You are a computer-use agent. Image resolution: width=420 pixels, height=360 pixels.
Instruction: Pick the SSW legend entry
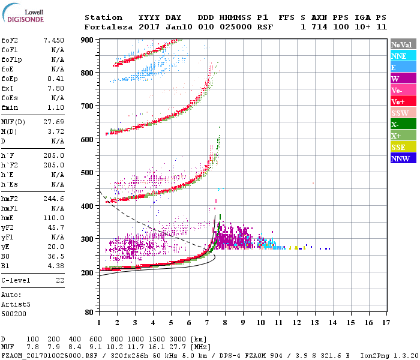point(400,113)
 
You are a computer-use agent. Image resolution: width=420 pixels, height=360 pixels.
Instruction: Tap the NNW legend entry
point(400,158)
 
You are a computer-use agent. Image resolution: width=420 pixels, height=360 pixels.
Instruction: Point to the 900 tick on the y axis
point(88,40)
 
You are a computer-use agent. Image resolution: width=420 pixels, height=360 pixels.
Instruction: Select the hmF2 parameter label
point(10,198)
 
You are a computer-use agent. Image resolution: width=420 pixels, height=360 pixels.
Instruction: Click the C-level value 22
point(60,280)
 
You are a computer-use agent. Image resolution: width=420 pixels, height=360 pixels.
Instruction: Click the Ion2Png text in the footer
point(377,355)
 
